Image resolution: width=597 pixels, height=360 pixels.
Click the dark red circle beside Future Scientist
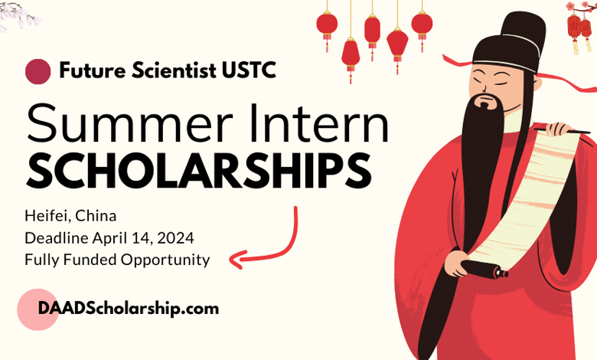coord(38,72)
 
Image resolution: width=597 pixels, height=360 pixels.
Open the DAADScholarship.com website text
coord(118,309)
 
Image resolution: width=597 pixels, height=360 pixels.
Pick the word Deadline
coord(55,237)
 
